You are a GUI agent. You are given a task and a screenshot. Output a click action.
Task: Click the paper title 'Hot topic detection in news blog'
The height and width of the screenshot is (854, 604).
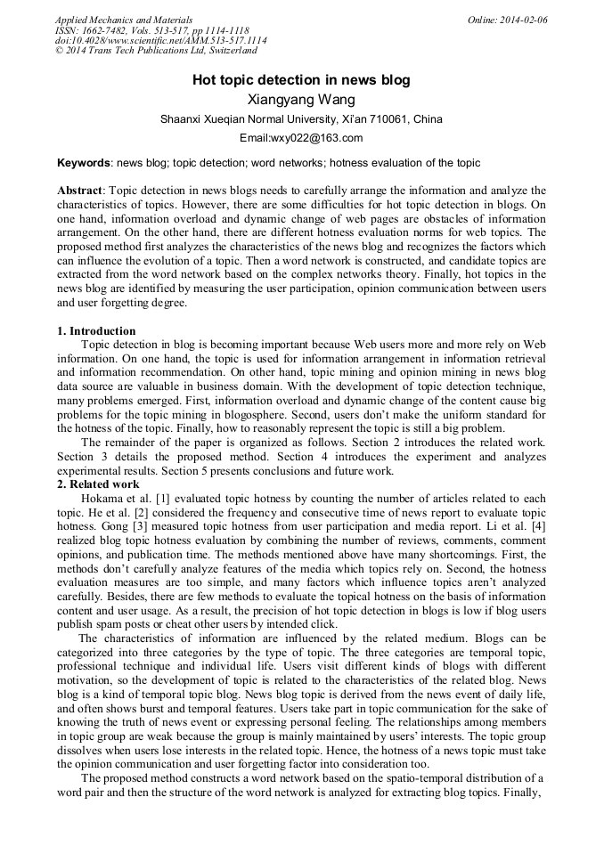[301, 80]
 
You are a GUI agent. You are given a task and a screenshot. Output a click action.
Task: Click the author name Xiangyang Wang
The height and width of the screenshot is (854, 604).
[301, 100]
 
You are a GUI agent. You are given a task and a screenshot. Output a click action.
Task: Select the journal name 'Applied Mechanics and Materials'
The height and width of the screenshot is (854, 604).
[124, 20]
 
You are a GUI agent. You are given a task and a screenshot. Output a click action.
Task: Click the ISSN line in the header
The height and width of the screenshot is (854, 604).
[151, 30]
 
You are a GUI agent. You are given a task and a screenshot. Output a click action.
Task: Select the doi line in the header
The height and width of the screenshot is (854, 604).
[160, 41]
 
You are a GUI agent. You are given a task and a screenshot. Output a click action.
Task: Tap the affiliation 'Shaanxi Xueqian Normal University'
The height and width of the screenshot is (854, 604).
[247, 119]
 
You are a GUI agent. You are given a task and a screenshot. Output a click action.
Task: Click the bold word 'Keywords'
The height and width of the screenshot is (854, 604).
[84, 163]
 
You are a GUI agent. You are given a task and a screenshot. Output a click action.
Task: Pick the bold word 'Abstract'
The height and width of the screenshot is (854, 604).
[80, 191]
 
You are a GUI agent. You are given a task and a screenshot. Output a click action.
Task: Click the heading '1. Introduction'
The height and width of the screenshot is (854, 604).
[96, 331]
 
